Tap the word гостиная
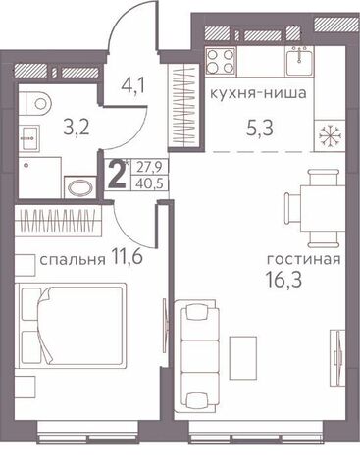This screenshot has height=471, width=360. tap(304, 260)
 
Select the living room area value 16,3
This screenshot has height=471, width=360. tap(283, 280)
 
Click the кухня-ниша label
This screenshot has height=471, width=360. tap(258, 93)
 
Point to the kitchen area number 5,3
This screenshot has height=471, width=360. tap(260, 128)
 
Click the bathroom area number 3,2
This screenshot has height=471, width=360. tap(77, 128)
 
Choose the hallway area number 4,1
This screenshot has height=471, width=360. tap(132, 85)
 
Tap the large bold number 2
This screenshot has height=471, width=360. tap(118, 177)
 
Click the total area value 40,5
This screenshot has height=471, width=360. tap(150, 183)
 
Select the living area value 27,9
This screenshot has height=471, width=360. tap(150, 168)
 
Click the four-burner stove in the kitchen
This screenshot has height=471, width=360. tap(221, 61)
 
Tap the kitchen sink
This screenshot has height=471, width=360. tap(299, 61)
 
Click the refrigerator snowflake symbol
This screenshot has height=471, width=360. tap(330, 135)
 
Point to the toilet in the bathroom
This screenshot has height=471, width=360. tap(35, 103)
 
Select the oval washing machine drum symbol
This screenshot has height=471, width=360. tap(79, 188)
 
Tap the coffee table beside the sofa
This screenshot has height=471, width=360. tap(243, 357)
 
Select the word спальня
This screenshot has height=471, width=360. tap(73, 260)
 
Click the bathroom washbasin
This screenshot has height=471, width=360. tap(29, 137)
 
